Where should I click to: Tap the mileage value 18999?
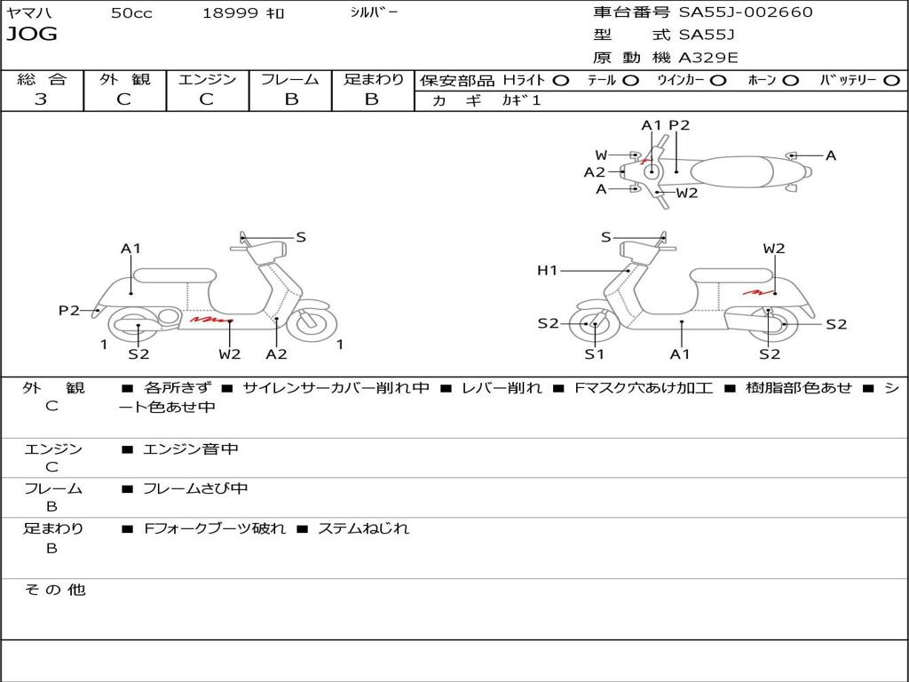click(230, 13)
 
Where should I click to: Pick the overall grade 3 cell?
click(41, 99)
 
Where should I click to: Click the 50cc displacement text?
click(131, 13)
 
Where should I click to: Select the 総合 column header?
click(42, 80)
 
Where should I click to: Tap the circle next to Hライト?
click(561, 81)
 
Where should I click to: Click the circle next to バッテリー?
click(891, 81)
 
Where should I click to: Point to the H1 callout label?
click(547, 271)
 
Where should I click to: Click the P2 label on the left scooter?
click(69, 311)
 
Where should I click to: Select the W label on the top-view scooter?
click(601, 155)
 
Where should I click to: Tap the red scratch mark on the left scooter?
click(210, 318)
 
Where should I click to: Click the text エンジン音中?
click(190, 449)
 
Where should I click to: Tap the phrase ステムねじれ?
click(363, 528)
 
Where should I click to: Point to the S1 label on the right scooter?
click(594, 354)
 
